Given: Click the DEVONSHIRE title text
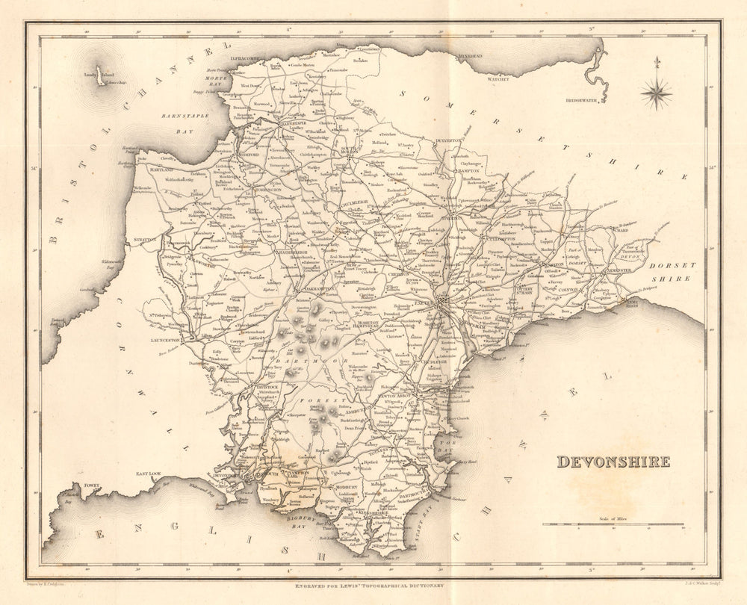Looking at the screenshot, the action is (x=613, y=462).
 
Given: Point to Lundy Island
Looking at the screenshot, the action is (x=99, y=78).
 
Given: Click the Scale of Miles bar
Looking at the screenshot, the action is (x=613, y=524).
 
